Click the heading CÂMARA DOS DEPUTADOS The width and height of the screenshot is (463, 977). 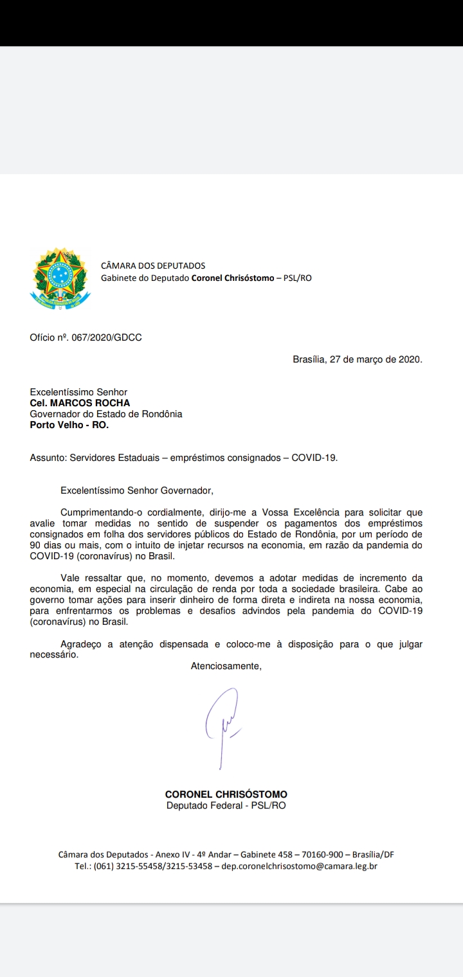click(x=153, y=265)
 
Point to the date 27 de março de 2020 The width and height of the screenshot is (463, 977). click(x=376, y=359)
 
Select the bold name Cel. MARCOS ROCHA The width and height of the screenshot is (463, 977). click(x=80, y=403)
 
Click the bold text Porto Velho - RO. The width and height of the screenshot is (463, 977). click(x=69, y=425)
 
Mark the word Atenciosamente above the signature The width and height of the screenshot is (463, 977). click(x=226, y=666)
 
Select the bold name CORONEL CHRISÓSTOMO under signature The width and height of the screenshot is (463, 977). click(x=226, y=794)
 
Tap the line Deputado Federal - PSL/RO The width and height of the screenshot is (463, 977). click(x=226, y=805)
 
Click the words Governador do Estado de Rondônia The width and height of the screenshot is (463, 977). click(x=106, y=414)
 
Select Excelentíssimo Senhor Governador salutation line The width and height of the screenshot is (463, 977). click(x=136, y=490)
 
